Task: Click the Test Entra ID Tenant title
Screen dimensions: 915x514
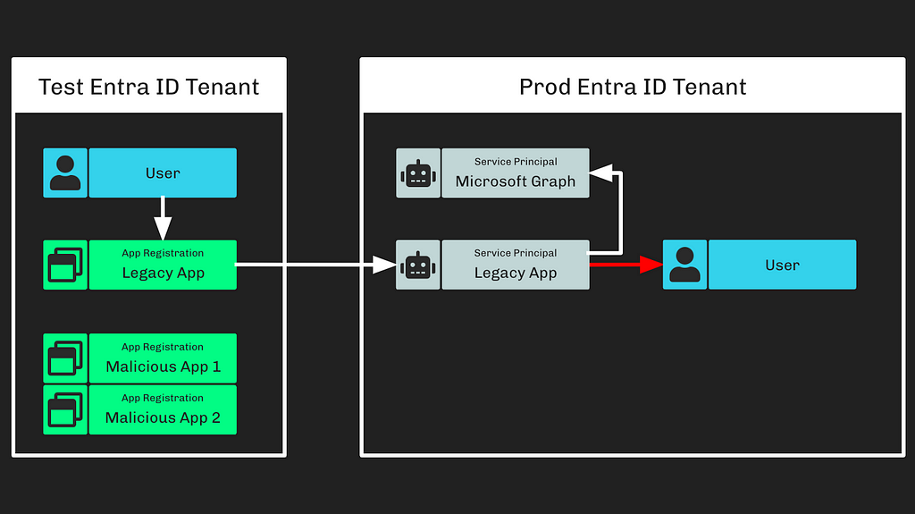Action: (149, 87)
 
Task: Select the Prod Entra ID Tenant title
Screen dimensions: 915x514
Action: (633, 87)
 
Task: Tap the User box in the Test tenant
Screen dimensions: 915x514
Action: (163, 173)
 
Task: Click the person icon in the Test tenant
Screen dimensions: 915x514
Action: (65, 173)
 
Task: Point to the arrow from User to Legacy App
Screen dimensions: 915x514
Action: (163, 218)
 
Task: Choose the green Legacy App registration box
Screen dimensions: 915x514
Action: (163, 265)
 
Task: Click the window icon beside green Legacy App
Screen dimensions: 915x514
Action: (65, 265)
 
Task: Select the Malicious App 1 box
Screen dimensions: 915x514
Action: (163, 358)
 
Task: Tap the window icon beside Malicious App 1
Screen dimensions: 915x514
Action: (65, 358)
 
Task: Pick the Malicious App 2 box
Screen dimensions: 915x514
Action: (163, 409)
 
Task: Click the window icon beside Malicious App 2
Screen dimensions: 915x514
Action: (65, 409)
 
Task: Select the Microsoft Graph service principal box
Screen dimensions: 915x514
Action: (516, 173)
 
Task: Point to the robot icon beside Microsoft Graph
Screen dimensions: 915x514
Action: (418, 173)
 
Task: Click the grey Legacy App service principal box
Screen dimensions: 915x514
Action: (516, 265)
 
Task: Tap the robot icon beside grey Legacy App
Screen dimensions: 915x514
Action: (418, 265)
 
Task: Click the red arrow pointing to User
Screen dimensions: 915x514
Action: (626, 265)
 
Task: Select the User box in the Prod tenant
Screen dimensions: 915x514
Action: (783, 265)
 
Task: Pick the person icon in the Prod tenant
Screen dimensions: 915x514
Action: (684, 265)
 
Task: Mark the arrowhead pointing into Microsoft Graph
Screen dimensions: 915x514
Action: (600, 173)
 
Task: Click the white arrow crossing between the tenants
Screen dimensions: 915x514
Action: (315, 265)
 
